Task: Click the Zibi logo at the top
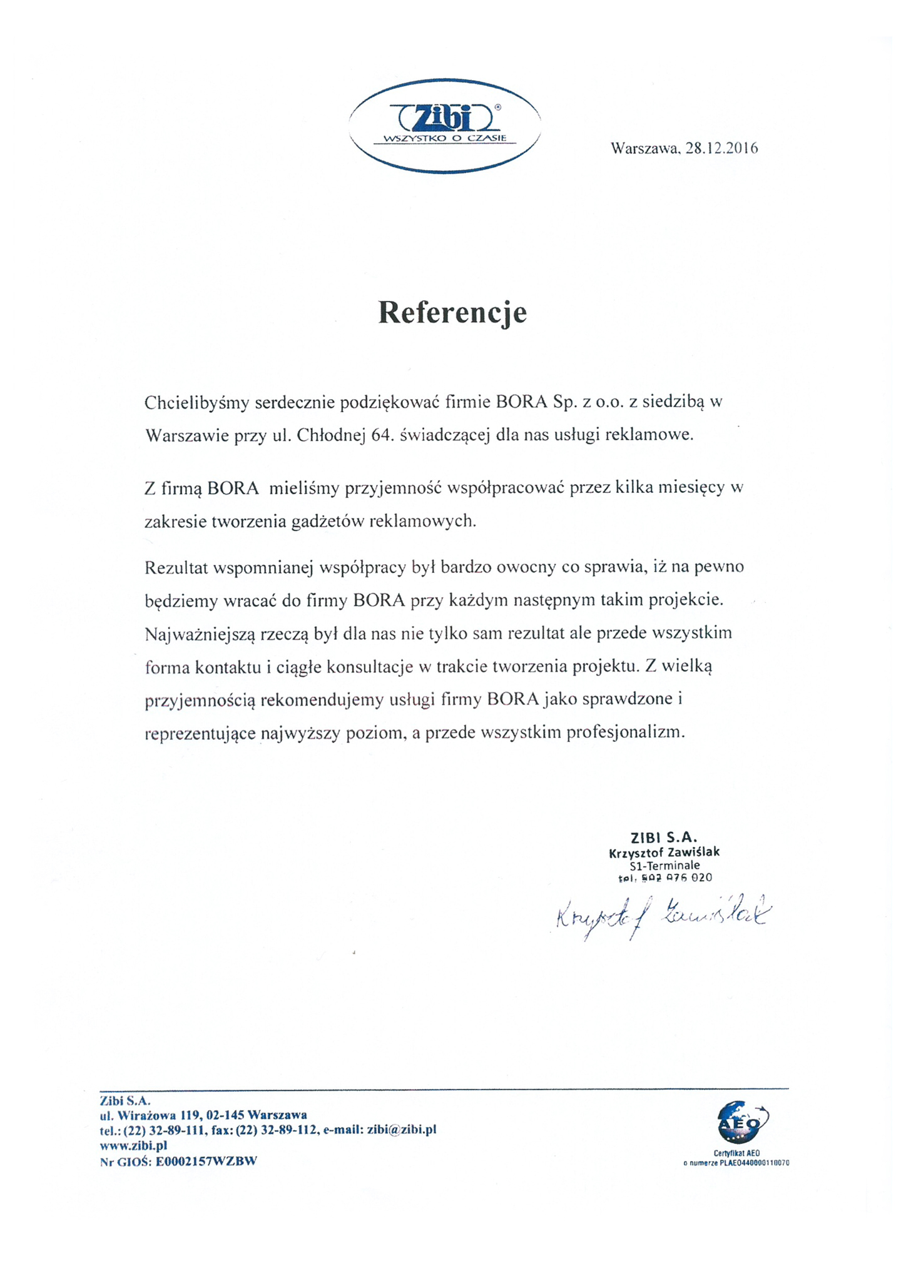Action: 444,125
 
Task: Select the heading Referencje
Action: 452,312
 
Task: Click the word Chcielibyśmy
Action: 196,403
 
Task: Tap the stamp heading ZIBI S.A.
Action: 663,838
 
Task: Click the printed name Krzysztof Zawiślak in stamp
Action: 664,852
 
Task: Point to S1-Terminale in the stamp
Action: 664,865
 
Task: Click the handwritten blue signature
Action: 662,918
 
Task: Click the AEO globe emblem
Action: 743,1123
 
